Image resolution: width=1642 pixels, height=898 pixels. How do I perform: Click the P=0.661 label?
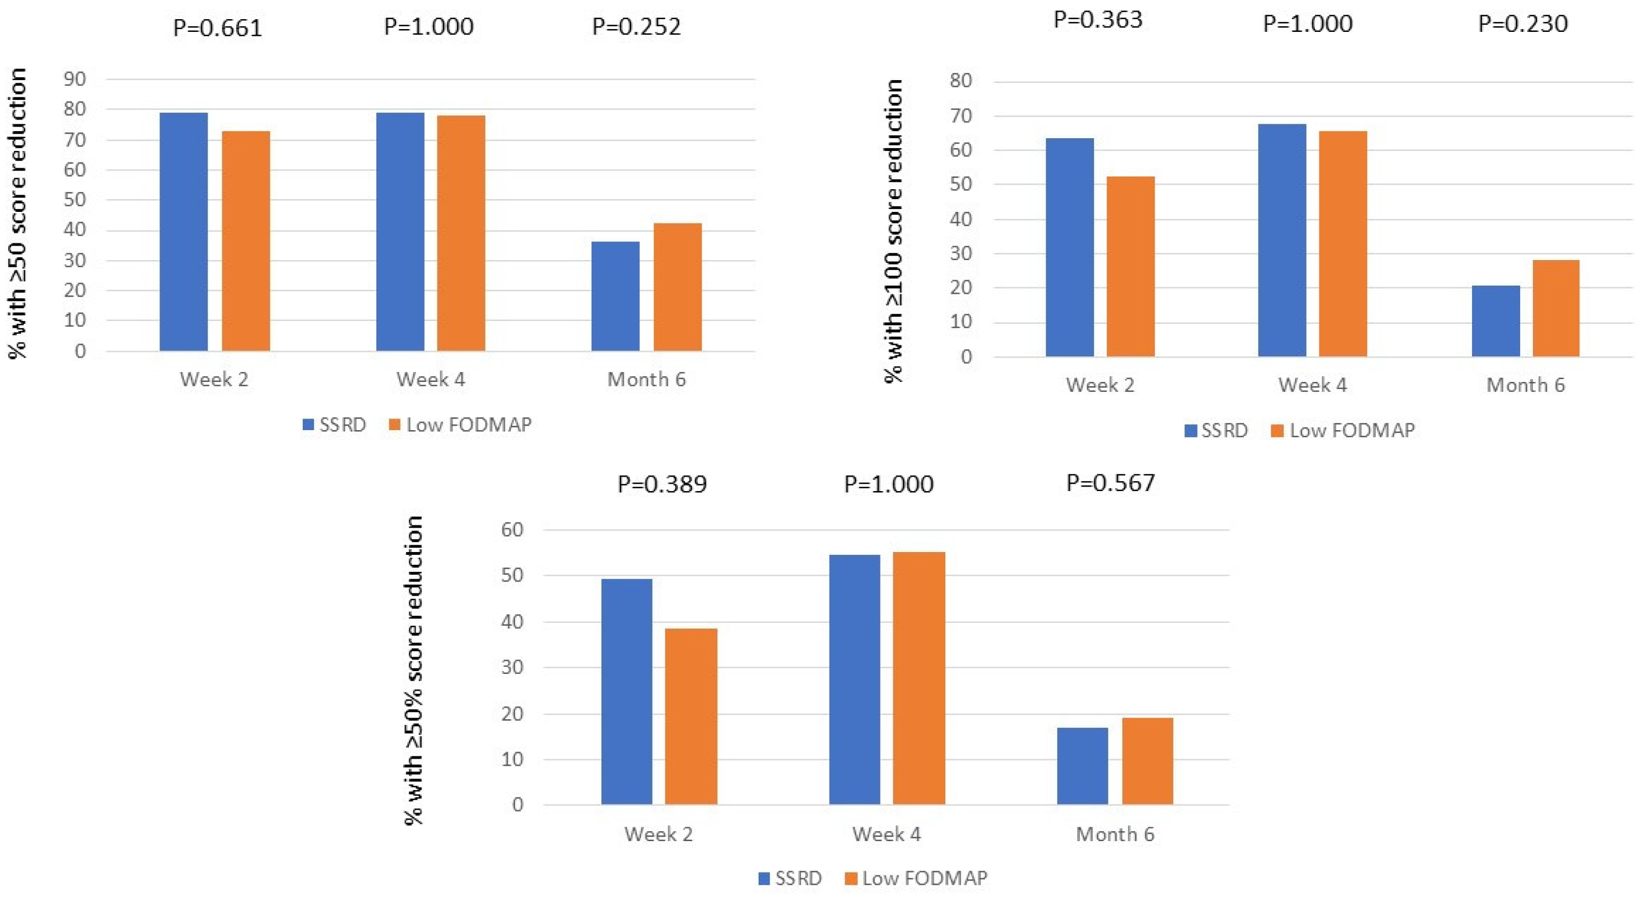(x=218, y=28)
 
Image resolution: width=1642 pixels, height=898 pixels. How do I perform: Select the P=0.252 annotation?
(x=636, y=27)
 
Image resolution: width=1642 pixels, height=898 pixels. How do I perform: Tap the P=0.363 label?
(x=1097, y=20)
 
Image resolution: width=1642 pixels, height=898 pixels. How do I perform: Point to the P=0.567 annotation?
(x=1110, y=483)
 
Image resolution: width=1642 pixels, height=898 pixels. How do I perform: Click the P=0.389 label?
(x=662, y=484)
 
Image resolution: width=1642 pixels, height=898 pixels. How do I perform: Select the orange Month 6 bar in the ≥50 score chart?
(x=677, y=287)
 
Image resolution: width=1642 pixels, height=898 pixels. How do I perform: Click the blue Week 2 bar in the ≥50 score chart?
(x=184, y=232)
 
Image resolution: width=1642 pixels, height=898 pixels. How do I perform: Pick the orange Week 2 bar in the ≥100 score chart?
(x=1130, y=266)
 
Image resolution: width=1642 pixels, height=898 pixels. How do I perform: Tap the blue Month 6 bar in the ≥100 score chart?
(x=1495, y=321)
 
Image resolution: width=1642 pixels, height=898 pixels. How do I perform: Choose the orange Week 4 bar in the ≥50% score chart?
(x=919, y=678)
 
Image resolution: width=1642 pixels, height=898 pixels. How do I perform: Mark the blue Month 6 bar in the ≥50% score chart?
(x=1082, y=765)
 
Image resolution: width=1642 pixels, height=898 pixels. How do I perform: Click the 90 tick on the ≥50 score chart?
(x=75, y=79)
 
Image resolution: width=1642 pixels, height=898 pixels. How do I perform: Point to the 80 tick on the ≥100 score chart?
(x=960, y=81)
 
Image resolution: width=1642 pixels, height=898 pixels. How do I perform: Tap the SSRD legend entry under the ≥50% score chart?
(x=790, y=878)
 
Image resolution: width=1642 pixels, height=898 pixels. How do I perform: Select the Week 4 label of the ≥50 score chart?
(x=431, y=380)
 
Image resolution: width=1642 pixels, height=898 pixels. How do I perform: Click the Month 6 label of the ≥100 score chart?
(x=1525, y=385)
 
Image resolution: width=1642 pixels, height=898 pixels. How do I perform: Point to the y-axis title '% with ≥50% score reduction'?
(x=414, y=670)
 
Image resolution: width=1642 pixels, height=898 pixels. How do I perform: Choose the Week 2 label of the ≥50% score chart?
(x=658, y=834)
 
